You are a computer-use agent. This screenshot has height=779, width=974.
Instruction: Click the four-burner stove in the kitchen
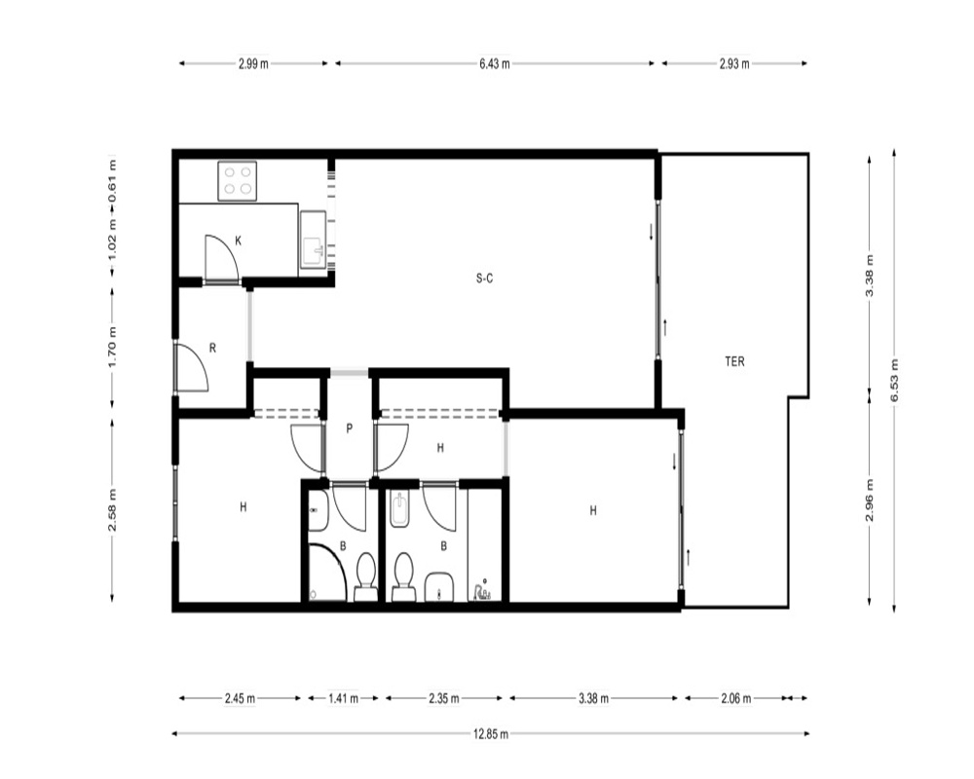238,181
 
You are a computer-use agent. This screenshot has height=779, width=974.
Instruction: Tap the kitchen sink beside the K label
313,240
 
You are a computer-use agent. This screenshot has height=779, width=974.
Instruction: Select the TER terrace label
734,361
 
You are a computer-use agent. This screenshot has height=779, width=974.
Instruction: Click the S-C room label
484,278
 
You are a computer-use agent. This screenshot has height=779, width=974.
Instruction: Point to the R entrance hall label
212,349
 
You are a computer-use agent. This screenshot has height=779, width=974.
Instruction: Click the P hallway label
349,428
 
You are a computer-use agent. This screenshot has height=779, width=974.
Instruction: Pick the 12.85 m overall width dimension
491,734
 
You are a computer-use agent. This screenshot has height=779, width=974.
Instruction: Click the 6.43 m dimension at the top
495,63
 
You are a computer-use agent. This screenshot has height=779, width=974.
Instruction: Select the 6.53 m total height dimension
894,380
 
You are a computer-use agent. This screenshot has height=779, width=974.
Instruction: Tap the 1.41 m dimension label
344,698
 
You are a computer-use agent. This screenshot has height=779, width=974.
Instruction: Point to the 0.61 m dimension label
112,181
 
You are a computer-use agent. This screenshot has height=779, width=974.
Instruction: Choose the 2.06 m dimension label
736,698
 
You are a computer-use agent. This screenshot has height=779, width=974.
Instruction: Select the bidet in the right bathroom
398,510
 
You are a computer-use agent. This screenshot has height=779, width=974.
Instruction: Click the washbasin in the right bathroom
439,586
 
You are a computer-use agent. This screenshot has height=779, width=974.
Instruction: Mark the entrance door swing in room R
192,366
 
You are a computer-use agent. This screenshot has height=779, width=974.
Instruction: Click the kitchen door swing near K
222,258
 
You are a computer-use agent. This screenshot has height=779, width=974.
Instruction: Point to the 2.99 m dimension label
253,63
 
